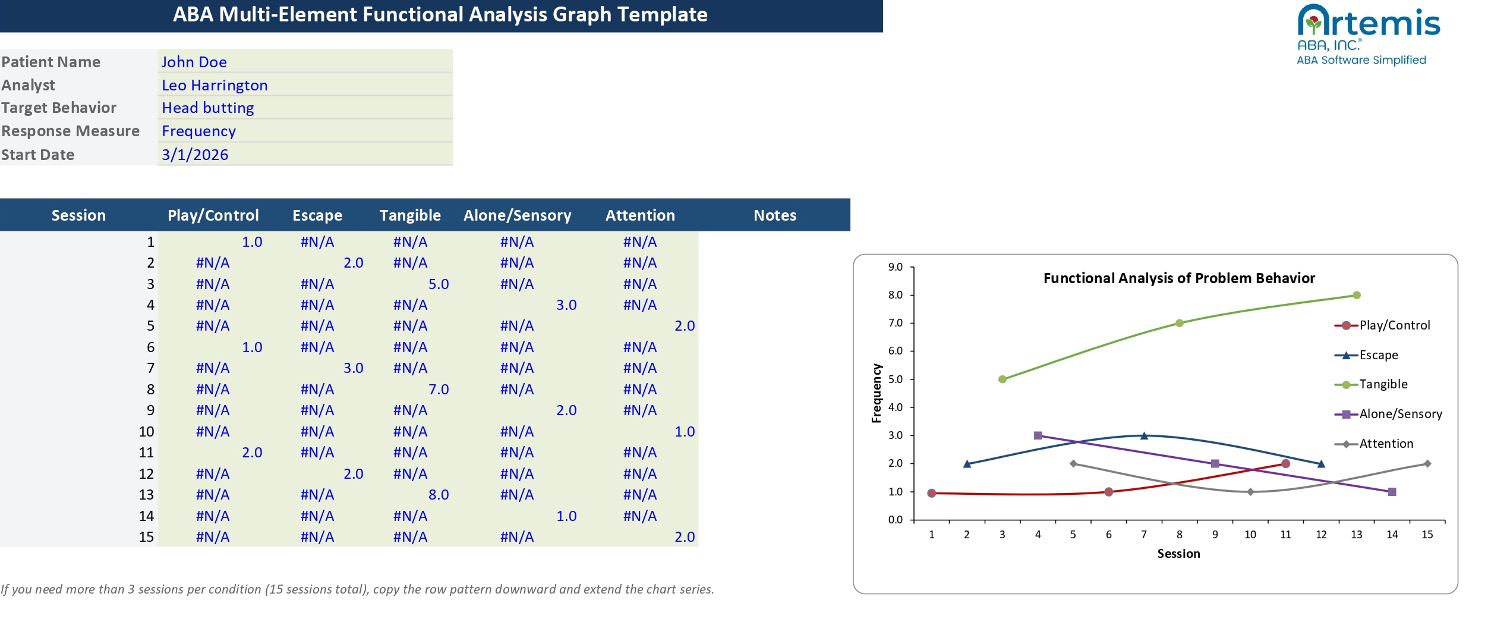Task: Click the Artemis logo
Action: coord(1368,34)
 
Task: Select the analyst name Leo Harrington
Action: coord(215,85)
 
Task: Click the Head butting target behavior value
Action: coord(208,108)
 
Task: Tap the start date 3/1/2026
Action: coord(195,155)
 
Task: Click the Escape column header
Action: coord(317,215)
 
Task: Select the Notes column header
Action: coord(774,215)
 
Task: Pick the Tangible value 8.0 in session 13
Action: coord(439,495)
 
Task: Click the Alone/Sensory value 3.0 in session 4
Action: coord(566,305)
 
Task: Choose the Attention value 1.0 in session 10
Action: coord(684,432)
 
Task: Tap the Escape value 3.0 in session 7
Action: coord(353,368)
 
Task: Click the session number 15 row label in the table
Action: coord(146,537)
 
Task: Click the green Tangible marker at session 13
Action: coord(1357,295)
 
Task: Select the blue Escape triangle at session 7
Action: coord(1144,436)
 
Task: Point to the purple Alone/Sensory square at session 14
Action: coord(1392,492)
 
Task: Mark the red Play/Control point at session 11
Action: coord(1285,464)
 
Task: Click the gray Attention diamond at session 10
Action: coord(1250,492)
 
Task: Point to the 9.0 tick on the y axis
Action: coord(895,267)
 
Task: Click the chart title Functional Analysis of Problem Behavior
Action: coord(1179,278)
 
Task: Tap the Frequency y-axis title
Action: coord(877,393)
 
